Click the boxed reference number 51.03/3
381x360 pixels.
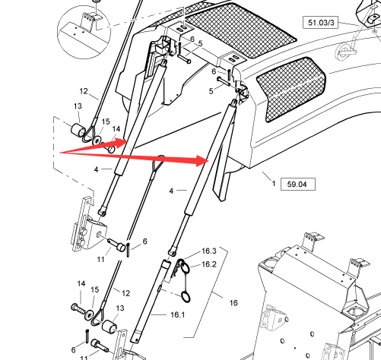[321, 23]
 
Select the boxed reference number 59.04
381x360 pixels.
[298, 184]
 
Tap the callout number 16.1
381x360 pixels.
[178, 314]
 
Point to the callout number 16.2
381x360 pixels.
[209, 264]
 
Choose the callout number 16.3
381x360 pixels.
[209, 251]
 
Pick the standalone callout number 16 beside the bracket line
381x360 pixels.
[233, 303]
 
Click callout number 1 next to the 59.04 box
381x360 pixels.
[274, 183]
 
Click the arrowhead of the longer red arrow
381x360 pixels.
[202, 160]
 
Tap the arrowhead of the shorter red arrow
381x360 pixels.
[121, 144]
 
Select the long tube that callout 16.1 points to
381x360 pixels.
[150, 302]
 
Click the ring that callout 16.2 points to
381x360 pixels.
[185, 267]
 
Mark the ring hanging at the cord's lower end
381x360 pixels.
[186, 297]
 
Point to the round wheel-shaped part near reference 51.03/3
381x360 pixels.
[344, 52]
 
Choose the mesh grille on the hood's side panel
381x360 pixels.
[291, 89]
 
